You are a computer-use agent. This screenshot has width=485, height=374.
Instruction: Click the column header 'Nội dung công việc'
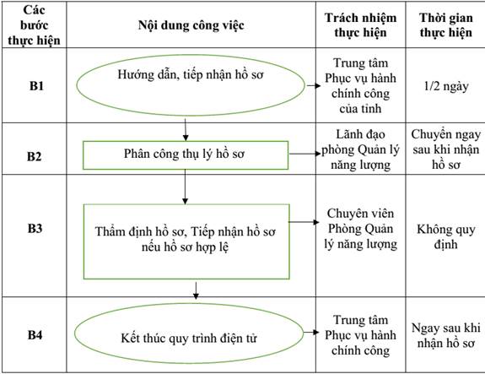(x=191, y=25)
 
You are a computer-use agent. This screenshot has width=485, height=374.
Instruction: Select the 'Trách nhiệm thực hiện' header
(x=361, y=25)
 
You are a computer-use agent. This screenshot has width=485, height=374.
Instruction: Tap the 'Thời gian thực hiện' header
(x=446, y=25)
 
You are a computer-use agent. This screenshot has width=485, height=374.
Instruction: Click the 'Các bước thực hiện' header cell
(x=34, y=25)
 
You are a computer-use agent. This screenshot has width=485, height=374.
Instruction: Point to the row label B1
(x=36, y=86)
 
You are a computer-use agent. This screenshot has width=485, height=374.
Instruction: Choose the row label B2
(x=34, y=156)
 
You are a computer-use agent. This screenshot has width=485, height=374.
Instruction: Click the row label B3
(x=35, y=229)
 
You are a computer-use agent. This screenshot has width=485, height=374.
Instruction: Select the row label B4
(x=35, y=334)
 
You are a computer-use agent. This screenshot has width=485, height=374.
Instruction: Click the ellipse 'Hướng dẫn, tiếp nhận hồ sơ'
(x=191, y=56)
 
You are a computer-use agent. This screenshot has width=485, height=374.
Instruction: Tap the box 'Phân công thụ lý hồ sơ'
(x=186, y=142)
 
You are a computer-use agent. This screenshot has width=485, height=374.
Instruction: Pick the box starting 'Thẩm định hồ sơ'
(x=186, y=205)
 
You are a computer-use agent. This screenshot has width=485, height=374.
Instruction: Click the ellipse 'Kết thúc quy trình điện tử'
(x=189, y=304)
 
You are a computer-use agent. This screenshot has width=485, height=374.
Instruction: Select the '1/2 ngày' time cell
(x=446, y=86)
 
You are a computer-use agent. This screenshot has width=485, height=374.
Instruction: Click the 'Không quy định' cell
(x=446, y=237)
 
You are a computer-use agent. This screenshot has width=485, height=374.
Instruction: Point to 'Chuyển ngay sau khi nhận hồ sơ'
(x=446, y=149)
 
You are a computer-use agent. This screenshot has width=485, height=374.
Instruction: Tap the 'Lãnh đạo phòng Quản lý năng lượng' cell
(x=361, y=149)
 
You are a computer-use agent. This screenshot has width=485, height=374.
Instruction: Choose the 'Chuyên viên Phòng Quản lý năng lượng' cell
(x=361, y=229)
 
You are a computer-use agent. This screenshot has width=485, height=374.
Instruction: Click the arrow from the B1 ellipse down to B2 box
(x=186, y=130)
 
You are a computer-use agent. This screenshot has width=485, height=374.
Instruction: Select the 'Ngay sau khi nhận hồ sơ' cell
(x=446, y=335)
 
